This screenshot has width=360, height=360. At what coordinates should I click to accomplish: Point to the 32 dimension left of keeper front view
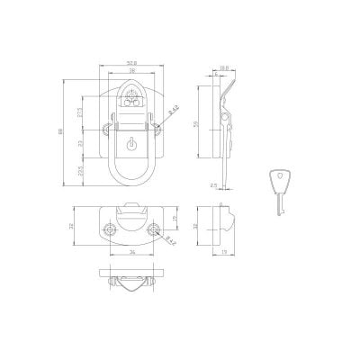point(70,226)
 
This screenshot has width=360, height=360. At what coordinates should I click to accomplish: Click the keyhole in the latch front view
point(130,143)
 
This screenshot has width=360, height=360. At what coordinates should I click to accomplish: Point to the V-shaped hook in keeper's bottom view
point(130,285)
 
